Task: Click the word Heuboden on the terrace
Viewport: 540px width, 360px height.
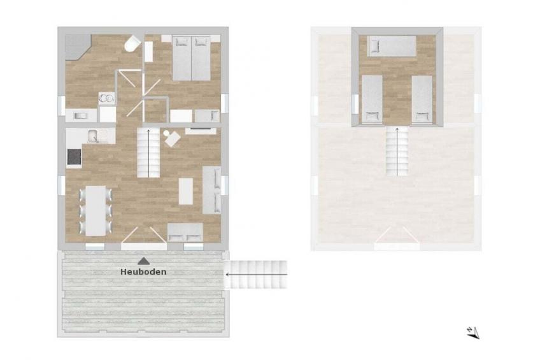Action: point(143,272)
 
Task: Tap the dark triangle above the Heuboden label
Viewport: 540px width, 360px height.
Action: point(143,261)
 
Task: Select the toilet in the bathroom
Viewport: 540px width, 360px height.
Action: point(132,44)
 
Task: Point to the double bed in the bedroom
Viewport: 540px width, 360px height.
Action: point(192,58)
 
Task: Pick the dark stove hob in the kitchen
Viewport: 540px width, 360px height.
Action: point(75,157)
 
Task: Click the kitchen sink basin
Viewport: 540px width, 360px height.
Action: point(93,136)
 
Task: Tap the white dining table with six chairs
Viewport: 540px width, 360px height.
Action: point(96,211)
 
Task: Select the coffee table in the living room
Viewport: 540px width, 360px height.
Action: point(186,191)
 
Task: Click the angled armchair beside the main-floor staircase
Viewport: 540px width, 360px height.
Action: point(172,138)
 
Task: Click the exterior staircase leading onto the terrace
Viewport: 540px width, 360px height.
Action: point(256,275)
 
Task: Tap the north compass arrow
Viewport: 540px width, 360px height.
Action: point(473,332)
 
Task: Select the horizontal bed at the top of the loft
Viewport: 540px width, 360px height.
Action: point(392,46)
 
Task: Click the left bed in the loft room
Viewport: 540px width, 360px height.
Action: point(372,99)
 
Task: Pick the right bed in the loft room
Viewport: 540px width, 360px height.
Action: point(422,99)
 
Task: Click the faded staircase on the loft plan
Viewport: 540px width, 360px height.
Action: point(397,152)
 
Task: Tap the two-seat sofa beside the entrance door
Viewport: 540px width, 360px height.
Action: point(185,232)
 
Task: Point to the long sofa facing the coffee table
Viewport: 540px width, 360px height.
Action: point(211,190)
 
